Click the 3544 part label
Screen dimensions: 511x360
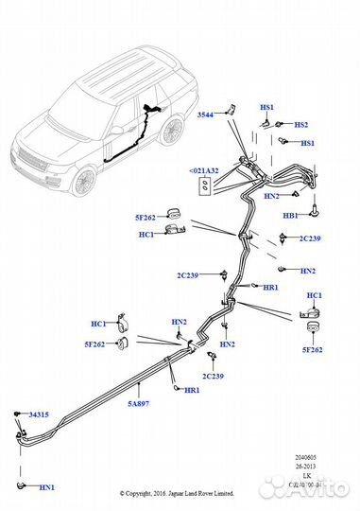point(206,115)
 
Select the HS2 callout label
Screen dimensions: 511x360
point(300,125)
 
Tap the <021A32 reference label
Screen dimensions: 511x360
point(203,171)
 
